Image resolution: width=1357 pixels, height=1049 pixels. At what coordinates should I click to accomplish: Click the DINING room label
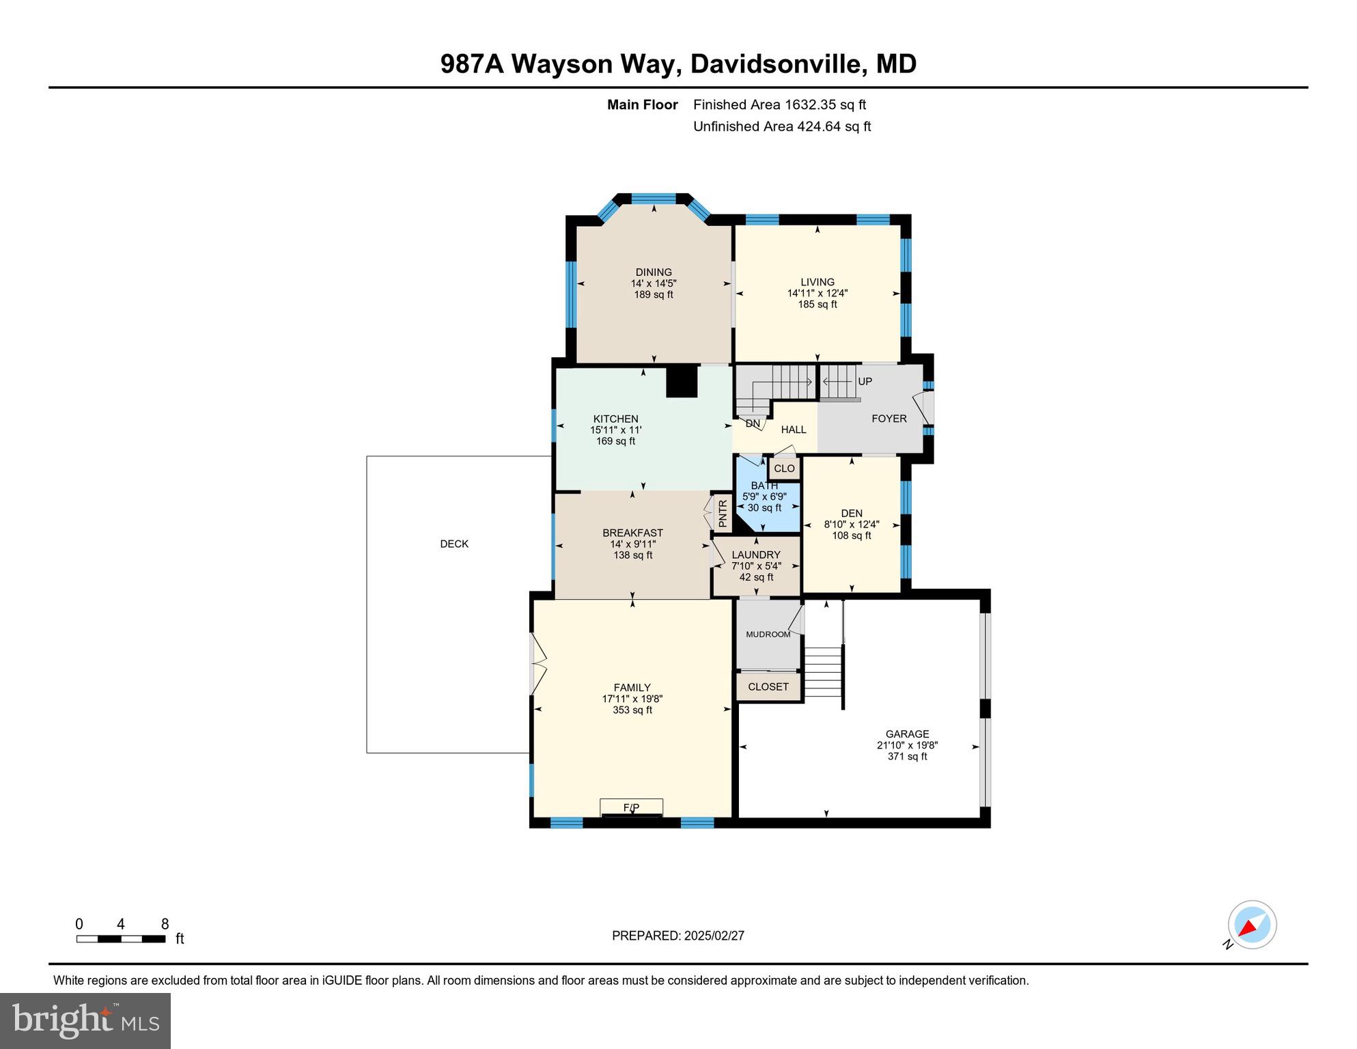654,272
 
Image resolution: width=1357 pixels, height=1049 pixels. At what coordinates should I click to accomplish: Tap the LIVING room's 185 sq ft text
817,305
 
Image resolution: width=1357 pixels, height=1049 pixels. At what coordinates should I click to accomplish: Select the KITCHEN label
615,419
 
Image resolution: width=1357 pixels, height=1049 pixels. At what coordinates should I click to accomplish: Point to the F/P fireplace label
631,808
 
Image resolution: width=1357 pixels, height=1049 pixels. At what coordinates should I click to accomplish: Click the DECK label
454,544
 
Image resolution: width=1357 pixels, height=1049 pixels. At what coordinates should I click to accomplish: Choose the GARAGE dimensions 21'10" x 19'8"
907,745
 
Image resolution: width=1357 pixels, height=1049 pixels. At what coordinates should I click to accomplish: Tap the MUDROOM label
768,634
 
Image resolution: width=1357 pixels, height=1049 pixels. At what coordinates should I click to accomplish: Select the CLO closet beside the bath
784,468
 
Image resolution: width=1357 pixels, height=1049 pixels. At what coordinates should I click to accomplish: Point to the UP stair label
865,381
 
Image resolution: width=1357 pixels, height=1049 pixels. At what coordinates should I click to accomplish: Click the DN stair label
753,423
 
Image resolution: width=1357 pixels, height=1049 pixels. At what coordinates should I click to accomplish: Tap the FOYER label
889,419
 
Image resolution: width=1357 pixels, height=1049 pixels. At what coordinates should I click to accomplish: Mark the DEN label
852,513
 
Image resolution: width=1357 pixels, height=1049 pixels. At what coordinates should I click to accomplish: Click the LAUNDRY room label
756,555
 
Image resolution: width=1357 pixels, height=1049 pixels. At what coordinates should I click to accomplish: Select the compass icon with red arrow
1252,925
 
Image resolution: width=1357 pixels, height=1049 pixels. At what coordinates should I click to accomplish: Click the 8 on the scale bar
165,924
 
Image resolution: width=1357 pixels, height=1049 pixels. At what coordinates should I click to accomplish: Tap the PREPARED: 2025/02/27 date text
677,936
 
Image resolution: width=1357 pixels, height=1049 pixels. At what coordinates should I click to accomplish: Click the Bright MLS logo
85,1020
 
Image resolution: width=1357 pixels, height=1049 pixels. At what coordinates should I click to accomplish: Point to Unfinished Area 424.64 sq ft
782,126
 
